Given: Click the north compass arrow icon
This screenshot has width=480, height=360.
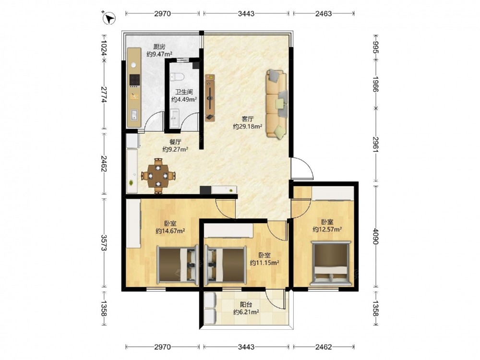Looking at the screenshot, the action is (x=110, y=18).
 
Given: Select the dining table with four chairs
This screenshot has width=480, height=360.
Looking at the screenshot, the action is (x=158, y=176).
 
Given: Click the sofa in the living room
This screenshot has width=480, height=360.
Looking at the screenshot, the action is (x=277, y=104).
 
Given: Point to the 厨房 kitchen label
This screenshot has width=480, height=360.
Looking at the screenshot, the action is (x=159, y=47).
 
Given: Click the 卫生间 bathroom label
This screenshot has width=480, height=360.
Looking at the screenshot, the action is (x=184, y=92).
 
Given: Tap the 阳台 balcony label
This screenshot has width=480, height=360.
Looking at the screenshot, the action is (x=246, y=305).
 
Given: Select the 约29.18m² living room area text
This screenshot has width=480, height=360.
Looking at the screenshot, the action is (x=247, y=126).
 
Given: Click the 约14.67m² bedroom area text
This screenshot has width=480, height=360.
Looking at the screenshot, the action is (x=170, y=231).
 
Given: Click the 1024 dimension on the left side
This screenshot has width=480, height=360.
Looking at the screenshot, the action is (x=104, y=48).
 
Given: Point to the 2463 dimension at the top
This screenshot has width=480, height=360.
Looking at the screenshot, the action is (x=324, y=13).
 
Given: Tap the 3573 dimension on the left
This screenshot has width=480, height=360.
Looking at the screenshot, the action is (x=104, y=243).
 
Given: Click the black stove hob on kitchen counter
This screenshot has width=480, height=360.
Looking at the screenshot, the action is (x=134, y=80).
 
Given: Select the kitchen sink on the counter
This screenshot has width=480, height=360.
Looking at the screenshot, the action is (x=134, y=115).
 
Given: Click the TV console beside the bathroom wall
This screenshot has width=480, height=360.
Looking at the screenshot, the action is (x=210, y=97).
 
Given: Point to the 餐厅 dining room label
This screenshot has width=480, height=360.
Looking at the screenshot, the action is (x=175, y=142).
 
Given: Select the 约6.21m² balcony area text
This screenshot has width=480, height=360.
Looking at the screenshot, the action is (x=246, y=312).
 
